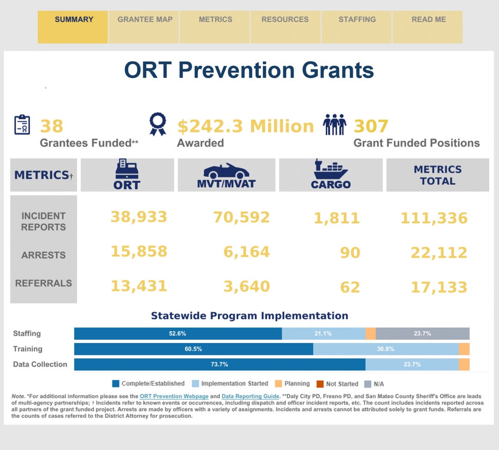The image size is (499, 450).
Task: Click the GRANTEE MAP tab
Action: (x=145, y=20)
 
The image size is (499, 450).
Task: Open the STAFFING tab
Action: (x=357, y=20)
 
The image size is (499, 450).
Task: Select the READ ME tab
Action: (x=428, y=20)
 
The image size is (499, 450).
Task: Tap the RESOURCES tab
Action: (x=285, y=20)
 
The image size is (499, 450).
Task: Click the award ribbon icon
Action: (x=157, y=124)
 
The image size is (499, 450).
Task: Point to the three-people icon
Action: (x=335, y=124)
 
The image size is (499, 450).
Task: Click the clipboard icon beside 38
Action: (x=22, y=124)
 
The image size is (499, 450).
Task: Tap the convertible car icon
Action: (x=226, y=171)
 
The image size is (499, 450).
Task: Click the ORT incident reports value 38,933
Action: (x=139, y=216)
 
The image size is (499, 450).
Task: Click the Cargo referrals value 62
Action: (x=350, y=287)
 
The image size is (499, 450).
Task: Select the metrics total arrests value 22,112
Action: (x=439, y=253)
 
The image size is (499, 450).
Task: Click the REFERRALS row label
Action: (x=43, y=283)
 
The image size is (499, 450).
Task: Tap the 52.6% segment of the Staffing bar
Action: (x=178, y=333)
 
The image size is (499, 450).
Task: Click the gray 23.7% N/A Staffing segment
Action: (x=422, y=333)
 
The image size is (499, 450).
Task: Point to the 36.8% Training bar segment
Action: (x=385, y=349)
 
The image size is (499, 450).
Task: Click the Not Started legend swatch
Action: (x=320, y=384)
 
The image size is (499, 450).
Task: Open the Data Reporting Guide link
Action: (x=250, y=396)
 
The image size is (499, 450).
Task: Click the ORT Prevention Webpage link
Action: (x=174, y=396)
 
